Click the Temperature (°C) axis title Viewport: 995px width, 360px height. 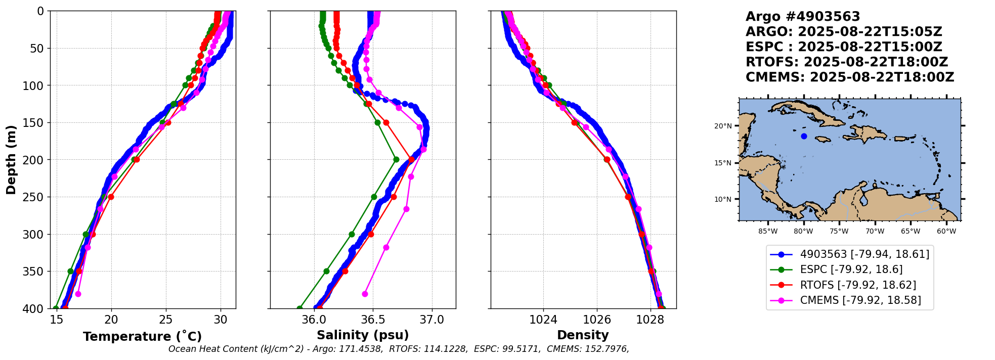(x=142, y=337)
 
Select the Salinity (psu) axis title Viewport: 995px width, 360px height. (x=363, y=335)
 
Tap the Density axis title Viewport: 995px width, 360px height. (x=583, y=335)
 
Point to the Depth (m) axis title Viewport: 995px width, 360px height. (x=11, y=160)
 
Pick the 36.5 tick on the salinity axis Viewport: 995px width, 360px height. (x=373, y=320)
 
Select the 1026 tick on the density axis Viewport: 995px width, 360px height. (x=597, y=320)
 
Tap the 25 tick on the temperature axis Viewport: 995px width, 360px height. (x=166, y=320)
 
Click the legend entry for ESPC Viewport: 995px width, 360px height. (x=851, y=269)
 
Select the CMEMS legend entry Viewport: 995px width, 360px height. (x=860, y=300)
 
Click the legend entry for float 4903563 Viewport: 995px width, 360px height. (x=864, y=254)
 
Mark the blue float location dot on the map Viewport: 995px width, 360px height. (x=804, y=136)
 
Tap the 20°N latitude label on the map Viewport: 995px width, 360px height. (x=723, y=126)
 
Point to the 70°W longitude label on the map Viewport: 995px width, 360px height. (x=875, y=232)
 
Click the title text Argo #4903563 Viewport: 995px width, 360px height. (x=803, y=17)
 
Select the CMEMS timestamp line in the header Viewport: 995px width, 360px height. (x=850, y=77)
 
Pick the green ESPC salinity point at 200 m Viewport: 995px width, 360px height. (x=396, y=160)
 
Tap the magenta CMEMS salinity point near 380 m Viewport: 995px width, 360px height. (x=365, y=294)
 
